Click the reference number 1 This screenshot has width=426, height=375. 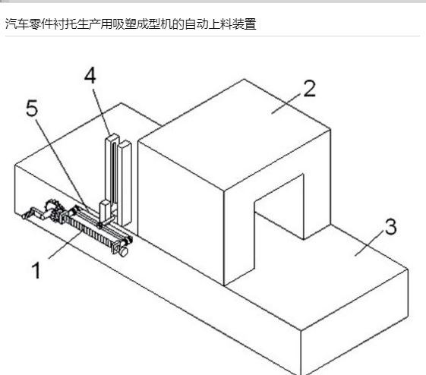[36, 270]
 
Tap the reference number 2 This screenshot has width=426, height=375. [310, 89]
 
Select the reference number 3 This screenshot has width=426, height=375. [390, 226]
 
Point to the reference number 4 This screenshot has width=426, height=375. [90, 75]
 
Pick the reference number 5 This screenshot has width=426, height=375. [32, 108]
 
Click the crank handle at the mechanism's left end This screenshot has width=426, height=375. [34, 213]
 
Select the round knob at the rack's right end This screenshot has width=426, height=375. [123, 251]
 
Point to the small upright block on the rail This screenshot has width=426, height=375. [105, 210]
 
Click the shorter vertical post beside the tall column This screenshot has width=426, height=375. [125, 183]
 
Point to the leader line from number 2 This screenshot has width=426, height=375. [286, 104]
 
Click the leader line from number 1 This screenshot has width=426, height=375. [66, 244]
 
